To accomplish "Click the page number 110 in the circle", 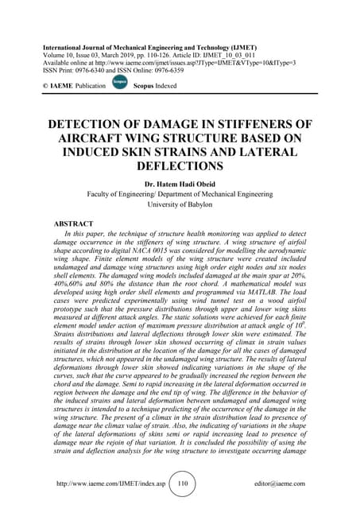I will point(182,483).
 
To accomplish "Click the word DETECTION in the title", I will point(87,126).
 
